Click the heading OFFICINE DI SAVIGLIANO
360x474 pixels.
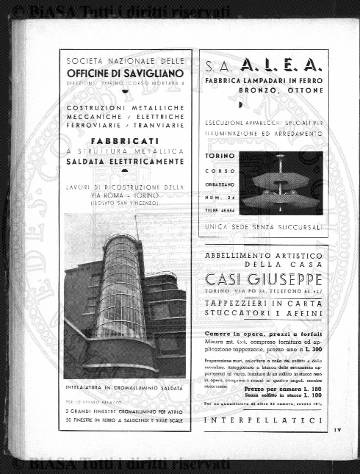pos(124,73)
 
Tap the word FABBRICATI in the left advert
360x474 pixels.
pos(124,140)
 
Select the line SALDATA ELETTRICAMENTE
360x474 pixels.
pos(124,160)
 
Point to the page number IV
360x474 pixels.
pos(336,430)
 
